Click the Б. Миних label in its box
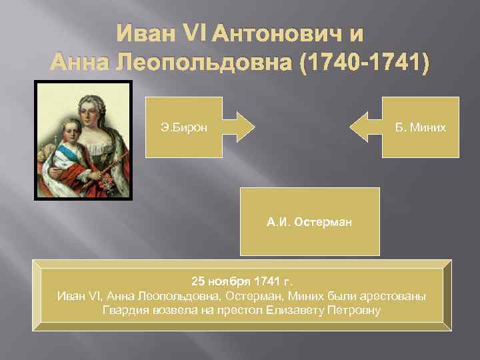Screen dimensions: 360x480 [x=419, y=127]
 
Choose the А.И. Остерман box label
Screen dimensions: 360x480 [x=309, y=221]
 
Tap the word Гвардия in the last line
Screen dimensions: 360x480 [x=123, y=310]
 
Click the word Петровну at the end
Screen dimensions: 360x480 [x=354, y=310]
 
